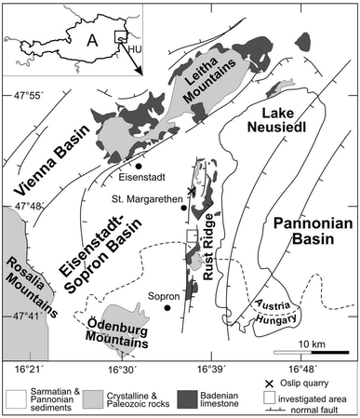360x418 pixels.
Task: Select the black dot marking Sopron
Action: point(167,306)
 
